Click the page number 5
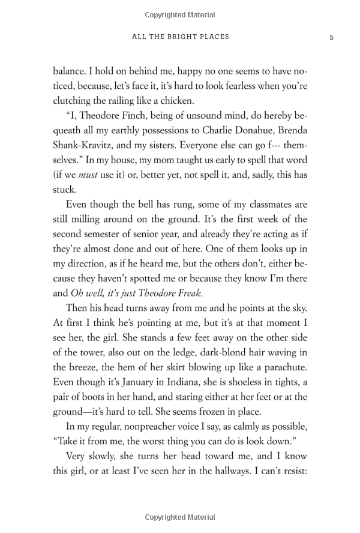331,37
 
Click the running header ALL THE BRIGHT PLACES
180,37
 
